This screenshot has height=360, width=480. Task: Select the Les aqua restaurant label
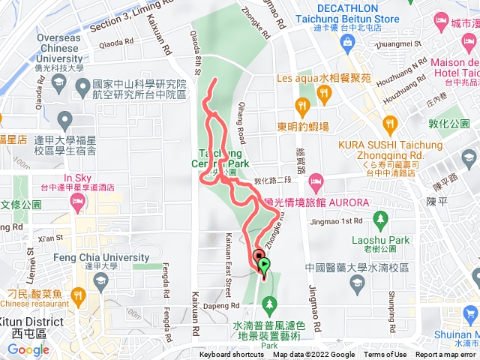[x=323, y=77]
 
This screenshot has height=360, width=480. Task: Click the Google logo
[x=28, y=349]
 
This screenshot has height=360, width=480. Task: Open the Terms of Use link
[x=385, y=355]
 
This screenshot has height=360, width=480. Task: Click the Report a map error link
[x=445, y=355]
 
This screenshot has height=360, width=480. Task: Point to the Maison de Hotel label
[x=454, y=67]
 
